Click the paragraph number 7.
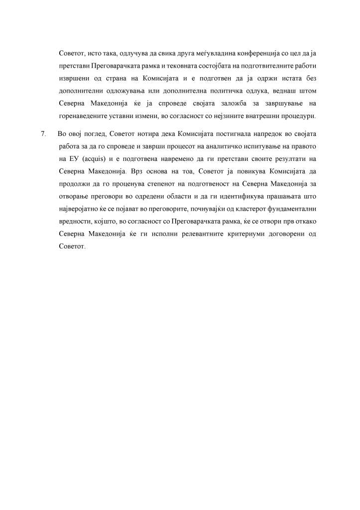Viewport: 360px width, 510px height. pos(43,134)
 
